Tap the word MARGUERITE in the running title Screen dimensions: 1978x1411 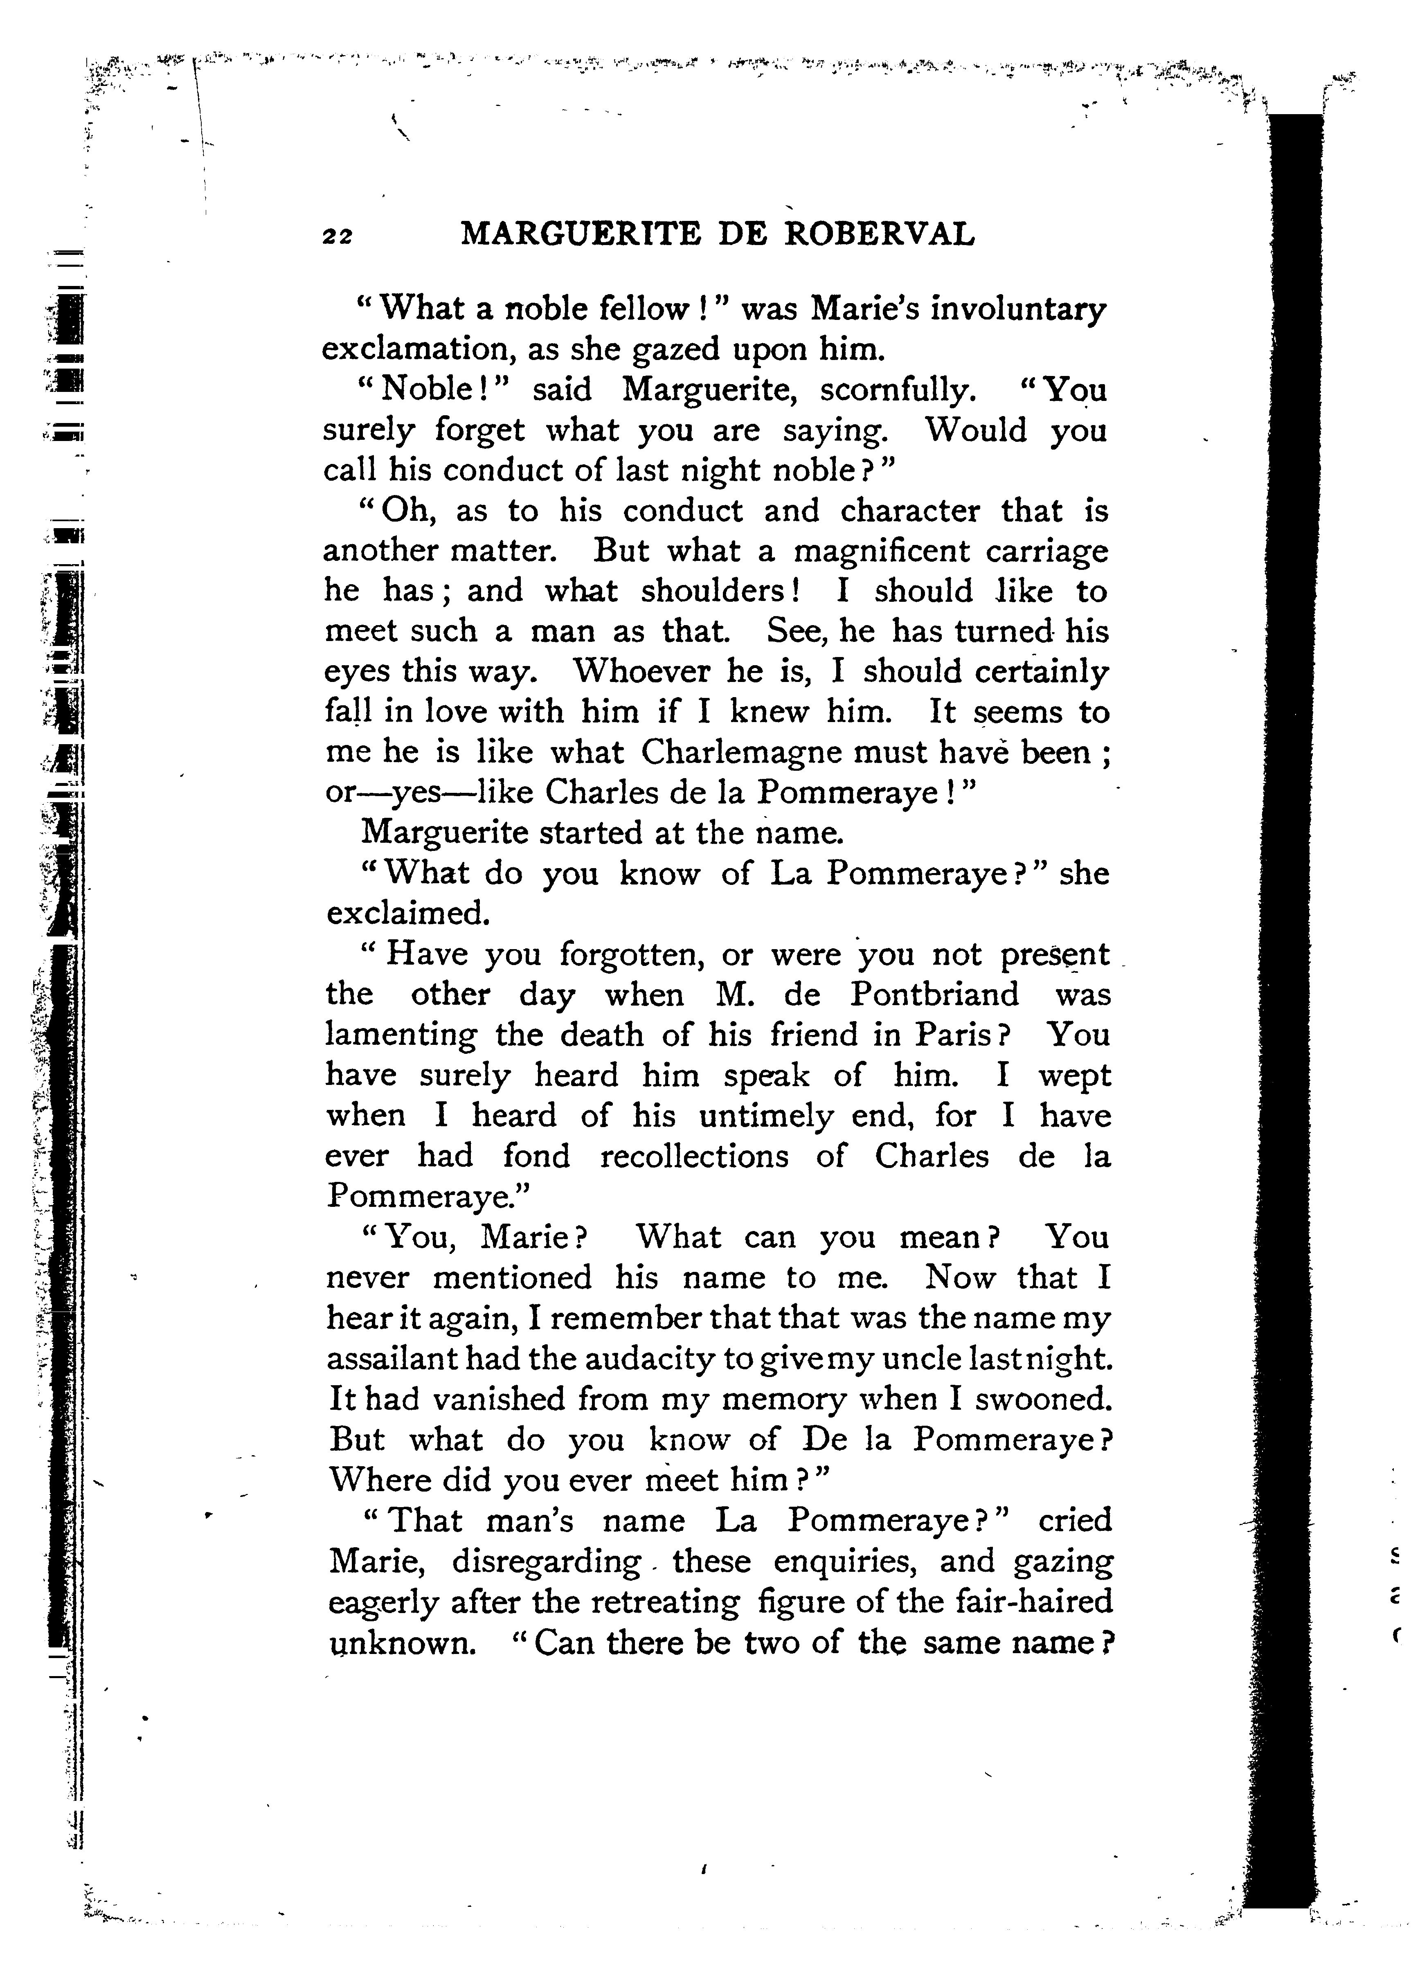click(581, 234)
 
